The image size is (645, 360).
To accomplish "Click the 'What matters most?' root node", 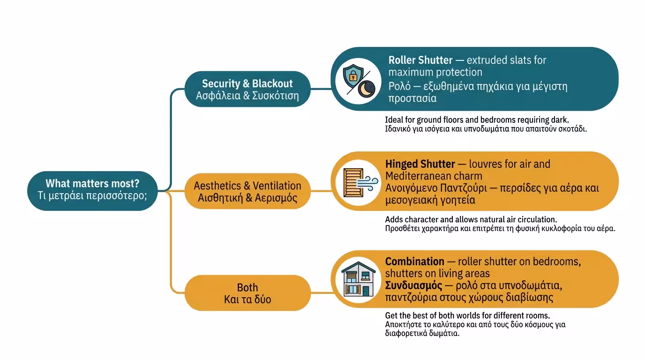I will pos(92,190).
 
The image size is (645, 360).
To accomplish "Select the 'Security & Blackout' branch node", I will pos(247,89).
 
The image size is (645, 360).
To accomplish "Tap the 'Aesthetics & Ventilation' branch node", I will pos(247,191).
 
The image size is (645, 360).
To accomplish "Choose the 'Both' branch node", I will pos(247,293).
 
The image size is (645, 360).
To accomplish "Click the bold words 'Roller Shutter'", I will pos(420,60).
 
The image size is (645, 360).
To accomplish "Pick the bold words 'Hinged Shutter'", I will pos(420,164).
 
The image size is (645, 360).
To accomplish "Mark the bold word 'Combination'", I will pos(414,262).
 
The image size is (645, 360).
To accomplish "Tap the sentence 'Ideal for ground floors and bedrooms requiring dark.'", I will pos(477,120).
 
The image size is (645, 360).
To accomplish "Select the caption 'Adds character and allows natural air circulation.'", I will pos(471,219).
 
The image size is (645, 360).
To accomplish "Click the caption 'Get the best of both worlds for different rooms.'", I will pos(467,315).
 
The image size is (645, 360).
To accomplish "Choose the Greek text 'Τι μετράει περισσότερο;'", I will pos(92,196).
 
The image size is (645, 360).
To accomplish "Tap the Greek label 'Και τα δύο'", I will pos(247,299).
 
